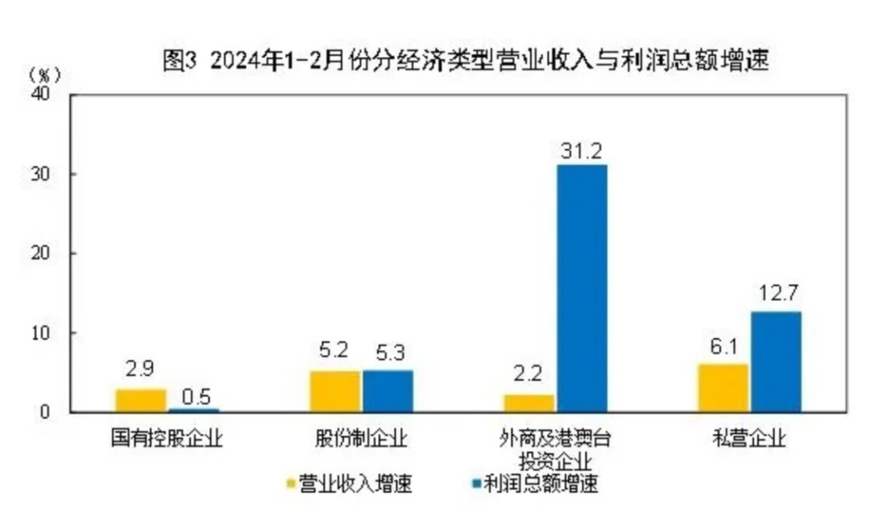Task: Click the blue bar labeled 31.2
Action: pos(582,288)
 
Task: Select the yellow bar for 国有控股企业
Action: pos(141,401)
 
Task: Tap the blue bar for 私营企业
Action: pos(775,362)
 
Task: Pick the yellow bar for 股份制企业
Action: pos(335,392)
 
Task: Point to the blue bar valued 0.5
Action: pos(194,410)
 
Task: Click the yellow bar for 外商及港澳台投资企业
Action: pos(529,403)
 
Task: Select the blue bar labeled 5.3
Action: pos(388,391)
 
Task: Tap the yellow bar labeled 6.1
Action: pos(723,387)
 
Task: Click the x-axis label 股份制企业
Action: pos(361,438)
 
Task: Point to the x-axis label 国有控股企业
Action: pos(167,438)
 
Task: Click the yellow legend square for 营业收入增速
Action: pos(290,484)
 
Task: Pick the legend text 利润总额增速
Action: pos(552,484)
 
